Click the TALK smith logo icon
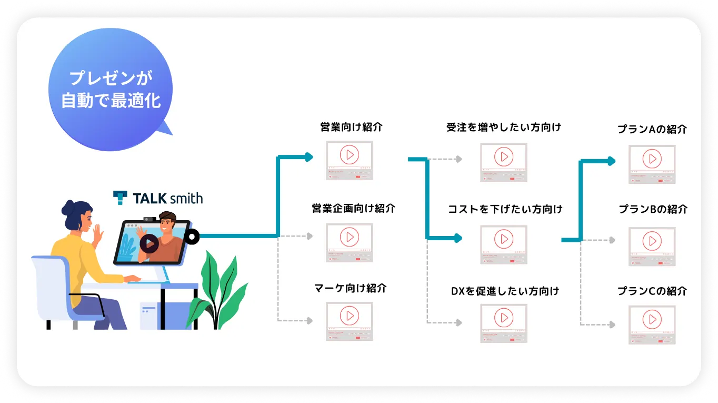click(x=120, y=198)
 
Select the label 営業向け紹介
click(x=351, y=127)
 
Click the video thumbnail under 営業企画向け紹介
click(x=349, y=242)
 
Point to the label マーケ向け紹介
click(x=350, y=288)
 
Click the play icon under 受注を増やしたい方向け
click(x=504, y=156)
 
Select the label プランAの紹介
click(x=652, y=129)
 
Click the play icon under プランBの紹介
click(x=652, y=241)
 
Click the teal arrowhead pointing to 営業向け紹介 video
click(x=309, y=157)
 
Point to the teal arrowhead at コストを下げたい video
click(x=457, y=239)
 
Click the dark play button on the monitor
click(x=149, y=243)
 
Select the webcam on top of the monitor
click(x=149, y=218)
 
